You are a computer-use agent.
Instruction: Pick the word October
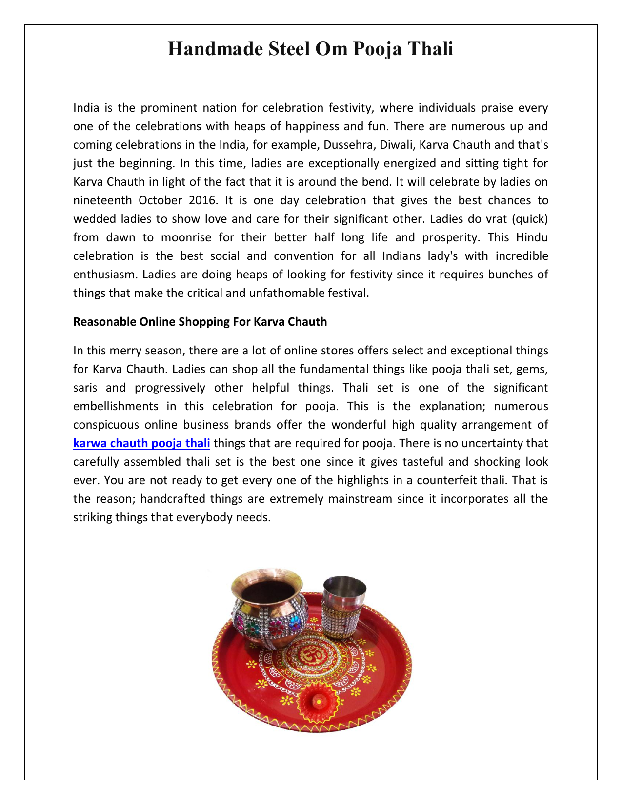[x=160, y=200]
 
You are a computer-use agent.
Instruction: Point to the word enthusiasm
[x=105, y=275]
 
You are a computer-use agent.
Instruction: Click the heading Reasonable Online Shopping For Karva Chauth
[x=200, y=322]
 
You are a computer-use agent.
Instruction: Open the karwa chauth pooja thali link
[x=141, y=443]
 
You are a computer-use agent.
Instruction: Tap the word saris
[x=85, y=388]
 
